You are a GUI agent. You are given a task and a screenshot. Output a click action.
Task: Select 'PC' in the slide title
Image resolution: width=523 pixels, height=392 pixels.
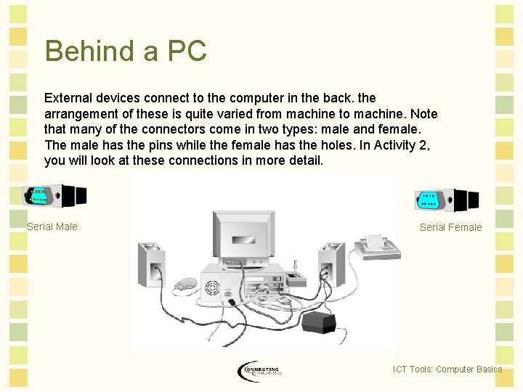[187, 51]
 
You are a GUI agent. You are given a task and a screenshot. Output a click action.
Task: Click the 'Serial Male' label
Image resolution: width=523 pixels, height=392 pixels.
[52, 226]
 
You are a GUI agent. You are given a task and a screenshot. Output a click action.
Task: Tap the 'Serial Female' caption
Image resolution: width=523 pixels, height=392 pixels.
[450, 227]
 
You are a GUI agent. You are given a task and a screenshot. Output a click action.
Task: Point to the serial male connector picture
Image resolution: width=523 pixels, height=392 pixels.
[55, 196]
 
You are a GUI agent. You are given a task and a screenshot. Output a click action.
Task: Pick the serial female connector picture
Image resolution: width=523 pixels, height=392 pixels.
[446, 200]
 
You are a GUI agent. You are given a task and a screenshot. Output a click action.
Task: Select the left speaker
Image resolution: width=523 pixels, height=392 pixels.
[152, 264]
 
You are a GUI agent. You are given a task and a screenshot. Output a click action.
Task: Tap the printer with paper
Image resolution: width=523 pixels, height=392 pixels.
[376, 247]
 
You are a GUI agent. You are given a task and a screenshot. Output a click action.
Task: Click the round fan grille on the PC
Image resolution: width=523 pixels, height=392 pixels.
[213, 288]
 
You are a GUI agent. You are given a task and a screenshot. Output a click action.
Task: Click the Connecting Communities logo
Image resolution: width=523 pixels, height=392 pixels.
[259, 371]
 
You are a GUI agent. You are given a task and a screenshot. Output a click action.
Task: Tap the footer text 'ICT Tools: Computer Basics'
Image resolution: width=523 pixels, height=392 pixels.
[447, 369]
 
